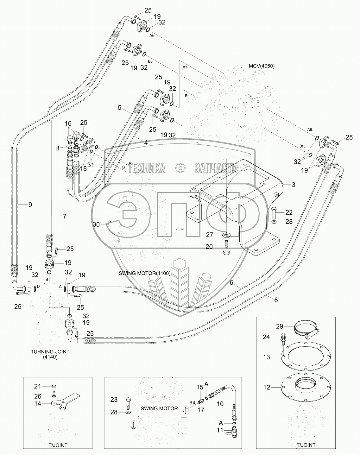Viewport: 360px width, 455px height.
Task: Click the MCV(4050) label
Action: coord(262,66)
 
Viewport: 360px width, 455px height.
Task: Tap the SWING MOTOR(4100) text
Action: coord(145,273)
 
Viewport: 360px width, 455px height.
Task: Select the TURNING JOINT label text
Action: coord(50,352)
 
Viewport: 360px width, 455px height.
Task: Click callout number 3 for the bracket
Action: coord(293,185)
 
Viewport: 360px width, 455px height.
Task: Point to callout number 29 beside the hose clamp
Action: coord(280,326)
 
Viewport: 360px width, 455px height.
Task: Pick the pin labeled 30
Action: coord(110,224)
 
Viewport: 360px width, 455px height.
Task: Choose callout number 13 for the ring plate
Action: coord(267,357)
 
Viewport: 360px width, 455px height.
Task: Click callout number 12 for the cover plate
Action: coord(267,387)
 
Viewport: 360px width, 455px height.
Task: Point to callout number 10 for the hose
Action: coord(220,404)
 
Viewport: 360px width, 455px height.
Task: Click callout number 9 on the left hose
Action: coord(30,205)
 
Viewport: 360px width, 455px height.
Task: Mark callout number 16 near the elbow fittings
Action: coord(68,123)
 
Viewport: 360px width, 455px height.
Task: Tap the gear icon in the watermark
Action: coord(180,168)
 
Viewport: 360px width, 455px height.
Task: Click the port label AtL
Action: coord(310,130)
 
